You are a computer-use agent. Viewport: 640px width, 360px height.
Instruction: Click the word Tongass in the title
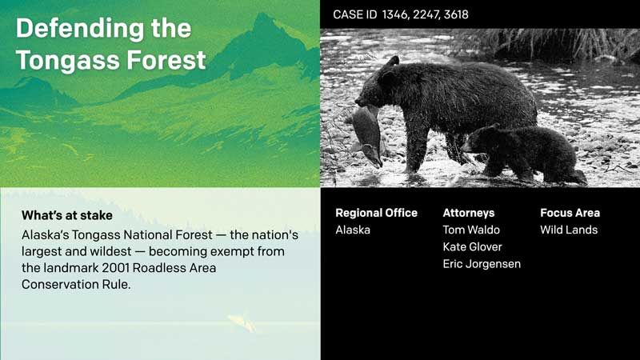coord(68,60)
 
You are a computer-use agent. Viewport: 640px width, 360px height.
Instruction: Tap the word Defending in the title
coord(80,28)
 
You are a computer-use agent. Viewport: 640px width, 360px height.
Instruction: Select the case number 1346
coord(395,14)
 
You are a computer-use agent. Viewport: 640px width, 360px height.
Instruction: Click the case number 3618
coord(456,14)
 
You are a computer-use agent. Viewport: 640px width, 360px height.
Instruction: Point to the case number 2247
coord(426,14)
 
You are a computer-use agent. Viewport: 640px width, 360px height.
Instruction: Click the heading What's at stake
coord(67,215)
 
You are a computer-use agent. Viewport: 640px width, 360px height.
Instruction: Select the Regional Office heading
coord(376,213)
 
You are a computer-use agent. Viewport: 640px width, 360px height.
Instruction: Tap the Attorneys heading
coord(469,213)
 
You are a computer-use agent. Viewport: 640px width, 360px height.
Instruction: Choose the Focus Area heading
coord(570,213)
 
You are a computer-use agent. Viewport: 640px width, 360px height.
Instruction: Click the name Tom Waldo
coord(471,230)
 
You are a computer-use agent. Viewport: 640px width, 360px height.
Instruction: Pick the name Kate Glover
coord(472,247)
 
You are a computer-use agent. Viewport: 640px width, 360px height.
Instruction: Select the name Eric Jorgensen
coord(482,264)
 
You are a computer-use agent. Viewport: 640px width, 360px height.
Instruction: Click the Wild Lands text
coord(569,230)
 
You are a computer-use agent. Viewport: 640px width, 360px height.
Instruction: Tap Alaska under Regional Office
coord(353,230)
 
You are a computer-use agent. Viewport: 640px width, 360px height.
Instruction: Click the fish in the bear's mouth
coord(366,135)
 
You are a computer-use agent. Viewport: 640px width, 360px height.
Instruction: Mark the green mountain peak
coord(264,20)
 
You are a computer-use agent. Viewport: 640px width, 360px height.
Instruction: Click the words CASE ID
coord(354,14)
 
